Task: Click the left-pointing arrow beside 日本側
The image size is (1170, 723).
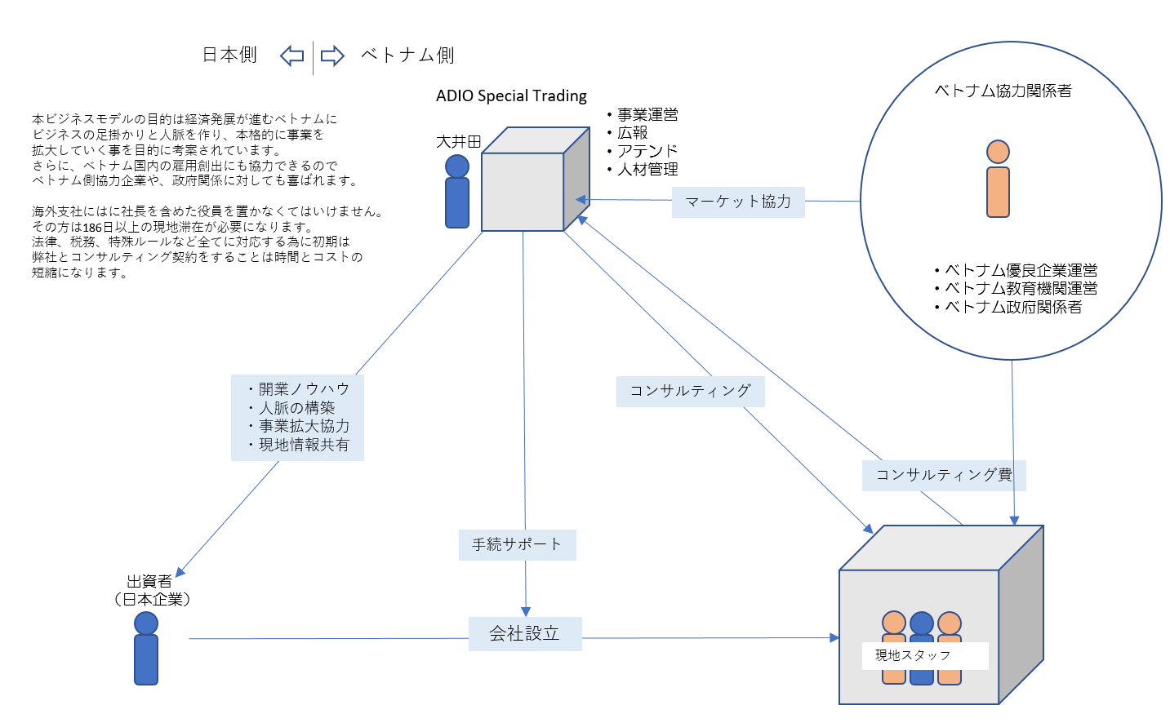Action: [292, 55]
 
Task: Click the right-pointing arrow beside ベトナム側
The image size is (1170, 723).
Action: [332, 55]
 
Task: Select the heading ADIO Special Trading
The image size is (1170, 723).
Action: [511, 95]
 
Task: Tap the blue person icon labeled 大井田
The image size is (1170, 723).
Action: [457, 192]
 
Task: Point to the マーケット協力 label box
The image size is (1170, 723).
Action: [738, 202]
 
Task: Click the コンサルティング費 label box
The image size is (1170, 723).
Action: [943, 475]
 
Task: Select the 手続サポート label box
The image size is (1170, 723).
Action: [518, 544]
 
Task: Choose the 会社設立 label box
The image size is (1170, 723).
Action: [525, 633]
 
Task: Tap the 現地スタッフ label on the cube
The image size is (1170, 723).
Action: [914, 655]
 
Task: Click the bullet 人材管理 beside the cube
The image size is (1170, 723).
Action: [647, 170]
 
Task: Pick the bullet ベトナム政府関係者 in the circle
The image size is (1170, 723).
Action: [1012, 307]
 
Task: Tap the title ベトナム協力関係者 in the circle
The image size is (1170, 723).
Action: [1003, 91]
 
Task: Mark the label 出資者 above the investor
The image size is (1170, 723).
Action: [149, 581]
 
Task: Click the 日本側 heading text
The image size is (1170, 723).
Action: [229, 55]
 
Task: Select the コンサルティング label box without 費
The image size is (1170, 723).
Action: [690, 391]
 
